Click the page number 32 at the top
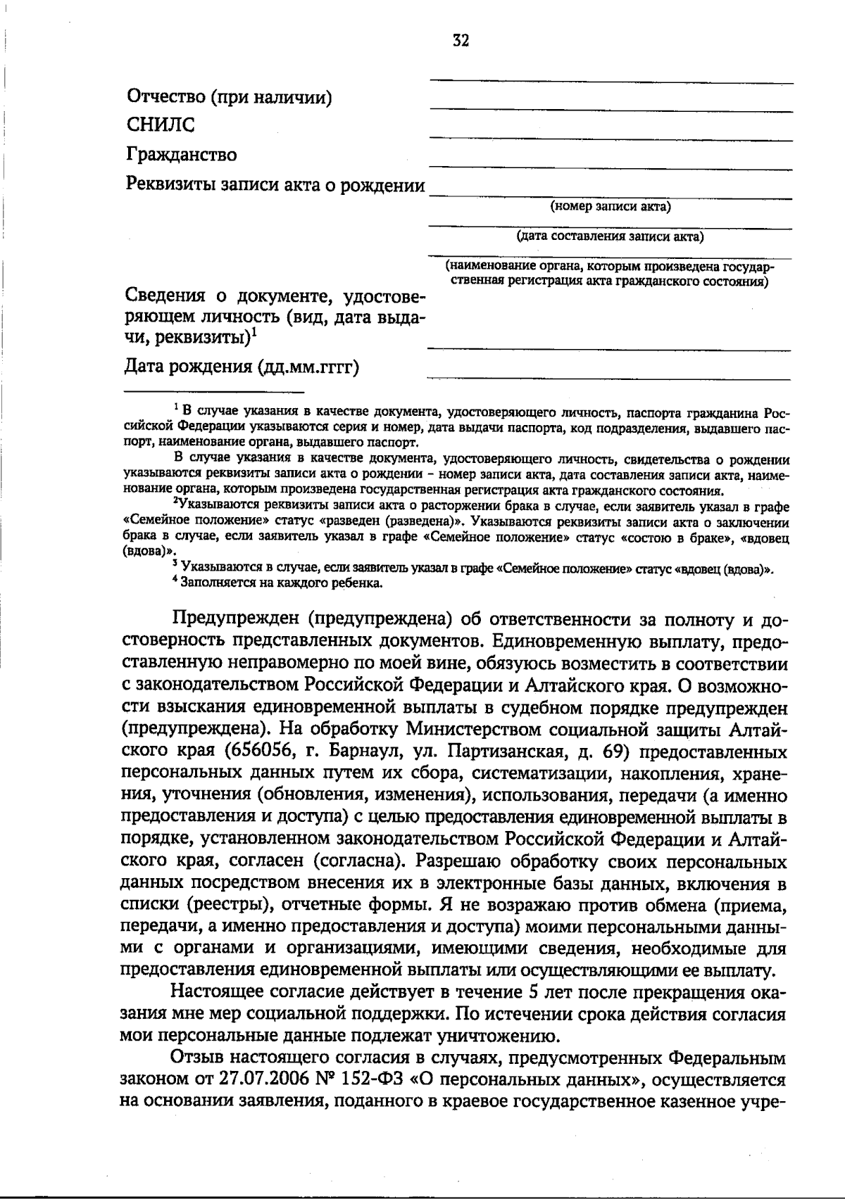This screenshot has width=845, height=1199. (461, 40)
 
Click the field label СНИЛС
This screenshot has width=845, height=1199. (161, 125)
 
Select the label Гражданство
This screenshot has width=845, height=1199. (182, 154)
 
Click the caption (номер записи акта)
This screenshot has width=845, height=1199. (611, 207)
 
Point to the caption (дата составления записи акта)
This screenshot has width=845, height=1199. (610, 236)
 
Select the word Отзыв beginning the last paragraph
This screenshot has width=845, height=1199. (196, 1058)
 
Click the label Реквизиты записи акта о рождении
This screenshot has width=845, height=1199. (275, 185)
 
